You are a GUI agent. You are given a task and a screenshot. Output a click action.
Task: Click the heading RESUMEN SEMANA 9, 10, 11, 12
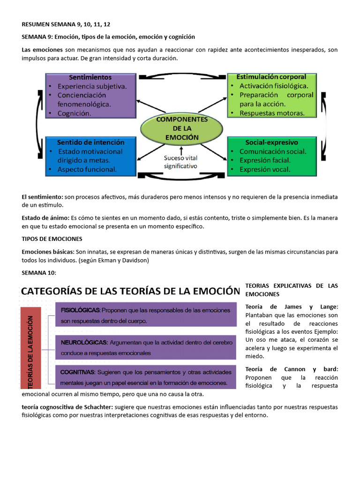[66, 24]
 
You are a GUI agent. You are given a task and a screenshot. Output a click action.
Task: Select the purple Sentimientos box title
[90, 77]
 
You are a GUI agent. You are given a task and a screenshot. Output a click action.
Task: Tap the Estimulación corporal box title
[271, 77]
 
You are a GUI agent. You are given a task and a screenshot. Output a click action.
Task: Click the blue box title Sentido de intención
[90, 142]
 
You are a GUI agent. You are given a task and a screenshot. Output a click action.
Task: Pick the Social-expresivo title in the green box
[271, 142]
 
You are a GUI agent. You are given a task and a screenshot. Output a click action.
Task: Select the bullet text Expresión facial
[265, 160]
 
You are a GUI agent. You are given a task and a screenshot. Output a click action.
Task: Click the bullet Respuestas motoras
[272, 113]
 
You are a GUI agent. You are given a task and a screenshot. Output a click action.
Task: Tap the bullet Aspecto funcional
[87, 169]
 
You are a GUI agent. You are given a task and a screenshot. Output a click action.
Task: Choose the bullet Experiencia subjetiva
[92, 86]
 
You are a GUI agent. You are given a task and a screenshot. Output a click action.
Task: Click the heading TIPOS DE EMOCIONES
[52, 239]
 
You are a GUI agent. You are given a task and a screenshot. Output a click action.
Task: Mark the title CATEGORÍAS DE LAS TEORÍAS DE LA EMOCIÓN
[127, 291]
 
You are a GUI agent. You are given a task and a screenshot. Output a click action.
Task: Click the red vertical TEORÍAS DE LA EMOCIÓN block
[31, 348]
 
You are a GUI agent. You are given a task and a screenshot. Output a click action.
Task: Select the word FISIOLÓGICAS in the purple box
[80, 310]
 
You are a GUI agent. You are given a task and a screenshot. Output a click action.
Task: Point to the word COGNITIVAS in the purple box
[77, 372]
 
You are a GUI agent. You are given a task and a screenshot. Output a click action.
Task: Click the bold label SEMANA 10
[39, 273]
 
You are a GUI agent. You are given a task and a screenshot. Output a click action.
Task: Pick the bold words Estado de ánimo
[45, 218]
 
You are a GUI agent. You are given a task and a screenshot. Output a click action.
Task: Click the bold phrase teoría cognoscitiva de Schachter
[67, 407]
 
